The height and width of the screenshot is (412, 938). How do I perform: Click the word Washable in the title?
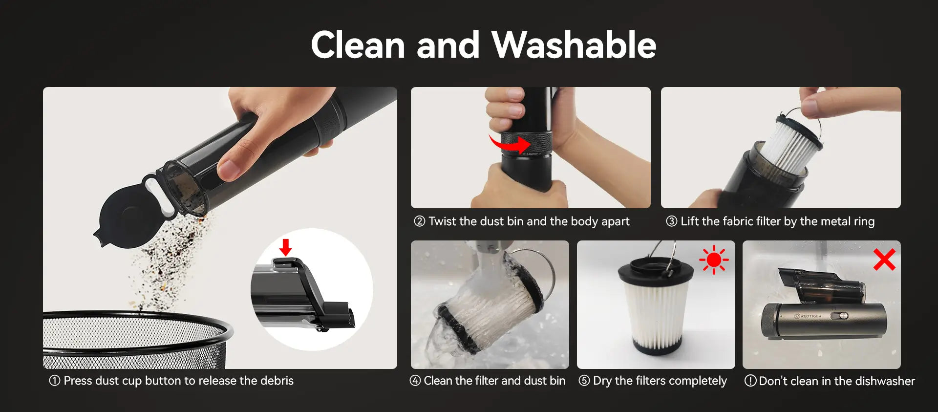pyautogui.click(x=574, y=44)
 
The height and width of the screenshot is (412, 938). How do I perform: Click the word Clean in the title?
pyautogui.click(x=358, y=45)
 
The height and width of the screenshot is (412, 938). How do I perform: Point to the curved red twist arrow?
pyautogui.click(x=510, y=144)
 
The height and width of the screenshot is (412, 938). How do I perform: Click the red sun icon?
pyautogui.click(x=714, y=260)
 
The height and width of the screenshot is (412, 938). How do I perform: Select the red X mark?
pyautogui.click(x=884, y=260)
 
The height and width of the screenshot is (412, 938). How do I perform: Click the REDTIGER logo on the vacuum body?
pyautogui.click(x=808, y=316)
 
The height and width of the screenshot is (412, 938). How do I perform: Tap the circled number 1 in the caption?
pyautogui.click(x=55, y=380)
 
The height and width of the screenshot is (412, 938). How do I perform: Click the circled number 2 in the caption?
pyautogui.click(x=420, y=221)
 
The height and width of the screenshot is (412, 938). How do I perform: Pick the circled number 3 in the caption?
pyautogui.click(x=672, y=221)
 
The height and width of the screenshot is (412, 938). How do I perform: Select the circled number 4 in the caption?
pyautogui.click(x=415, y=381)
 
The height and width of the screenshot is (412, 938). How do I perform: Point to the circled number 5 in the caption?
pyautogui.click(x=584, y=381)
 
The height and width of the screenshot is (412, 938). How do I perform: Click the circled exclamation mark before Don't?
pyautogui.click(x=750, y=381)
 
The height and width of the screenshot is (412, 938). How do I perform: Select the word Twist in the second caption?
pyautogui.click(x=443, y=221)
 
